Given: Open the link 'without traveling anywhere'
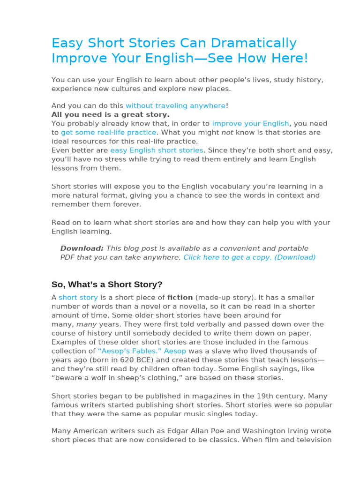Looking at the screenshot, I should [x=175, y=105].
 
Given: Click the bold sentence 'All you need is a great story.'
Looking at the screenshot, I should [x=110, y=114].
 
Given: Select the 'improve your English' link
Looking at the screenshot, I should [x=250, y=123].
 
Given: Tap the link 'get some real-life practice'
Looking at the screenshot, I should [x=108, y=132].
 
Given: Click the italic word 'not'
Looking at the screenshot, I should [x=227, y=132].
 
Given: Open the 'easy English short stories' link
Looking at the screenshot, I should [x=157, y=150].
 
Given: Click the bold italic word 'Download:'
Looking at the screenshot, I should [x=82, y=248].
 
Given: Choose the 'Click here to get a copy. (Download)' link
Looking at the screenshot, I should [x=249, y=257].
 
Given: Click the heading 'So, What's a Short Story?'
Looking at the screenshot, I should [x=106, y=284].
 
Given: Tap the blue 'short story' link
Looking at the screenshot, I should [x=78, y=297].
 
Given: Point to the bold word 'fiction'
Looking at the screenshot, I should [x=180, y=297].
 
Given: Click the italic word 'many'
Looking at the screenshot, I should [x=86, y=324].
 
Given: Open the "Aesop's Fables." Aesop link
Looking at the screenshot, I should [x=142, y=351].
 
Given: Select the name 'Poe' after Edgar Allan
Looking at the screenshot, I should [x=193, y=431].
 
